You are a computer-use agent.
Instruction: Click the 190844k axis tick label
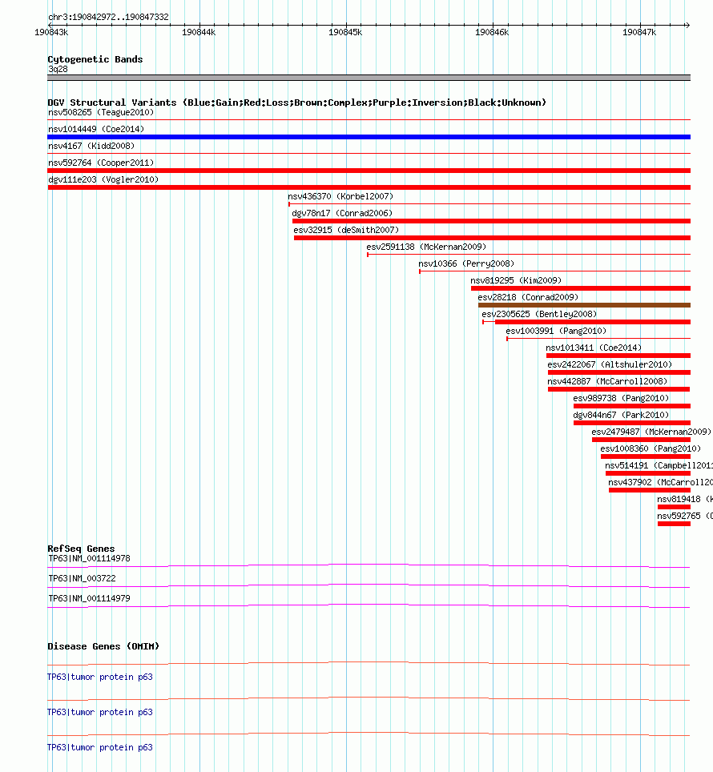[199, 32]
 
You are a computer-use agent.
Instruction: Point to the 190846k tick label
[492, 32]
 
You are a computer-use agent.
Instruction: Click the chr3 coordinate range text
[107, 17]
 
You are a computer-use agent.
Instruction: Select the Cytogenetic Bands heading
[95, 59]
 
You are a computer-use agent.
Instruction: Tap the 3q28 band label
[58, 69]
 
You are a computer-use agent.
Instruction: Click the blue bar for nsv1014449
[369, 137]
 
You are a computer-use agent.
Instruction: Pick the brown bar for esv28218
[584, 305]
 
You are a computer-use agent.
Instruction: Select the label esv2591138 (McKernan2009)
[425, 247]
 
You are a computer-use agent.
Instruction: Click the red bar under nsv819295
[580, 288]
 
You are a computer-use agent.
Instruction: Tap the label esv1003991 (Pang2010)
[556, 331]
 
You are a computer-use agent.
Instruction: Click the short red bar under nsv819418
[674, 507]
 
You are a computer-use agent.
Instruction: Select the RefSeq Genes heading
[81, 549]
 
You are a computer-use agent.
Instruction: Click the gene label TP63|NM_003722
[82, 577]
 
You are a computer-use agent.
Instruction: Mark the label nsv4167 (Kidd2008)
[91, 146]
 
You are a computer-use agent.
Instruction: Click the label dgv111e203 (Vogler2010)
[103, 179]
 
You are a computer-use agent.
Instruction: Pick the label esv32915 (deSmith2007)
[345, 230]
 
